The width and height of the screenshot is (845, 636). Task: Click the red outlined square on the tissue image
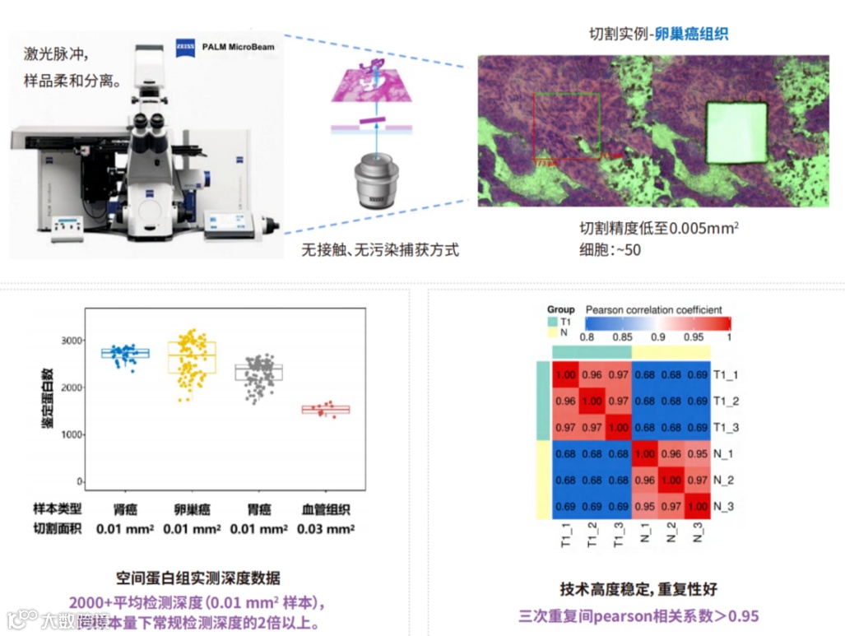click(567, 124)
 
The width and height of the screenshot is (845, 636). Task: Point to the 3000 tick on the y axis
click(73, 340)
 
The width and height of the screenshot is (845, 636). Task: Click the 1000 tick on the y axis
click(73, 434)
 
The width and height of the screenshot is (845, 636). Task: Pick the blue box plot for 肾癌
click(125, 353)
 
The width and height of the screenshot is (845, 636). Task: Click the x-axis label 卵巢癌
click(192, 509)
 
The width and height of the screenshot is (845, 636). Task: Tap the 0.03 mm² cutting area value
click(327, 529)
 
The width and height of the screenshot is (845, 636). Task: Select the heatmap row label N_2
click(725, 480)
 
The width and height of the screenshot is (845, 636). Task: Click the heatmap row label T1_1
click(727, 374)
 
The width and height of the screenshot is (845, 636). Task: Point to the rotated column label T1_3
click(618, 536)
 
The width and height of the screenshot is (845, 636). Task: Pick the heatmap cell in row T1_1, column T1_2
click(592, 374)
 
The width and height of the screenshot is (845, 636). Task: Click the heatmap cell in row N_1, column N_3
click(698, 453)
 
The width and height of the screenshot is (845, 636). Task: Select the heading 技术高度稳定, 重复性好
click(638, 589)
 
